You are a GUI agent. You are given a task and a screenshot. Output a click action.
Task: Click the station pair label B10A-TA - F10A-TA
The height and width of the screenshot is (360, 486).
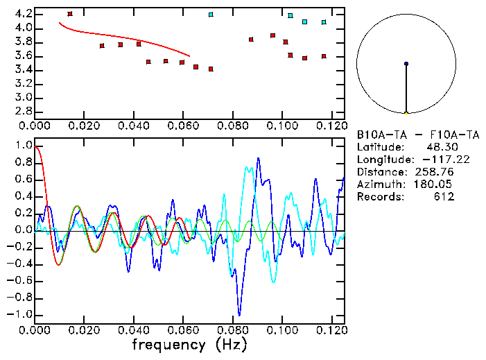(x=417, y=135)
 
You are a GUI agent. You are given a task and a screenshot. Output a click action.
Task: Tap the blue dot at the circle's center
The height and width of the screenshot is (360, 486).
(x=406, y=64)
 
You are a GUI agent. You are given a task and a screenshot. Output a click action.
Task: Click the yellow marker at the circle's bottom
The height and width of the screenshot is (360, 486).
(x=406, y=112)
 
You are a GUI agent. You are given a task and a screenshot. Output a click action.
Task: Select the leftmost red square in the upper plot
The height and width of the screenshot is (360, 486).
(x=70, y=14)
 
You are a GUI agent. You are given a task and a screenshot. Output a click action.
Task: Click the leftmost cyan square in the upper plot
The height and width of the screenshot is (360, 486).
(x=211, y=15)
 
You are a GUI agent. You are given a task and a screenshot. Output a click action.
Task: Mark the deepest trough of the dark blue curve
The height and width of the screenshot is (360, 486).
(x=239, y=314)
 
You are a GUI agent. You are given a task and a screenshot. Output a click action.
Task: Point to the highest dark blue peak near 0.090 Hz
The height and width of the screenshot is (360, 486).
(x=258, y=158)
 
